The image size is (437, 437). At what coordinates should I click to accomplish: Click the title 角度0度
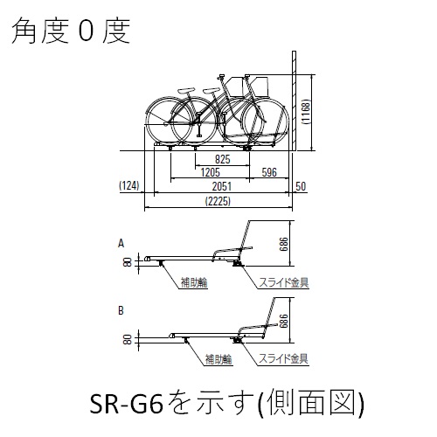tap(71, 31)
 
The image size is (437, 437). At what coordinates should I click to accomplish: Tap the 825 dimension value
tap(223, 159)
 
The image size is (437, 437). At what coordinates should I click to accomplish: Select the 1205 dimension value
tap(211, 172)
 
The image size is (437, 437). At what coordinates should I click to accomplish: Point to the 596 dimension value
tap(269, 172)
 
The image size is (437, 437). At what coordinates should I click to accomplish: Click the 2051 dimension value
tap(222, 186)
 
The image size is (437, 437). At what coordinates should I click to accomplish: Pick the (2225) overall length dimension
tap(218, 201)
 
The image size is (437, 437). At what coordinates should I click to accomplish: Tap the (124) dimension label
tap(129, 185)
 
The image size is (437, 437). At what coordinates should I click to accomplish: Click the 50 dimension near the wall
tap(301, 186)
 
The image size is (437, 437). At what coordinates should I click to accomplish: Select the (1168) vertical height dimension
tap(307, 112)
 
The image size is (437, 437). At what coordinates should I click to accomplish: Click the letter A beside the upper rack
tap(121, 243)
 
